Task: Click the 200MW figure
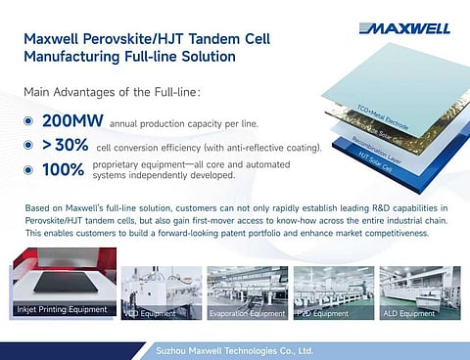coord(74,123)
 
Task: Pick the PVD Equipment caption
coord(323,314)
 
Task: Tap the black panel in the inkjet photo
coord(61,285)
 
